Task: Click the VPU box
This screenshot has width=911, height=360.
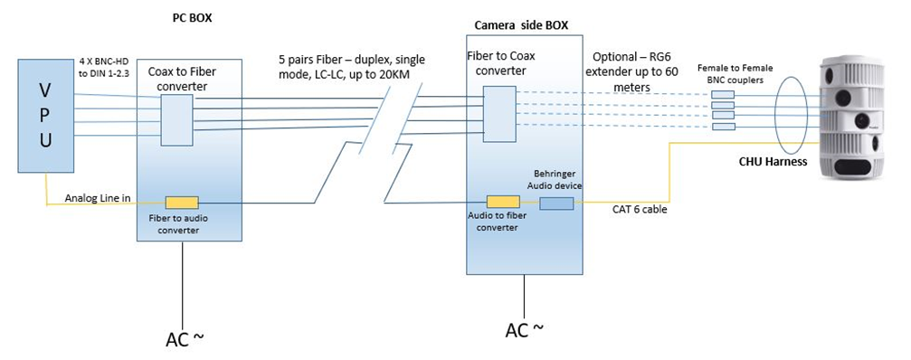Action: point(46,115)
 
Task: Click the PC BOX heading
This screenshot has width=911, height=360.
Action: point(193,18)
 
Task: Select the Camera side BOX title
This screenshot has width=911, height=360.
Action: point(521,25)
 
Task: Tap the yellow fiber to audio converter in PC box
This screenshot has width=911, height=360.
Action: point(182,203)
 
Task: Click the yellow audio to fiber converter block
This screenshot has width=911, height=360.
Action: point(503,202)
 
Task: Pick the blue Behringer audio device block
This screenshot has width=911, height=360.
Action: point(556,204)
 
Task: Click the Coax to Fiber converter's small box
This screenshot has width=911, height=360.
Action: point(177,120)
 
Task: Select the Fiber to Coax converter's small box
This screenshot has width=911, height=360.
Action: point(499,114)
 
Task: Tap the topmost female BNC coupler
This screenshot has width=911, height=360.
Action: point(723,95)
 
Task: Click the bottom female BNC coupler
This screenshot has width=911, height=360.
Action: point(723,127)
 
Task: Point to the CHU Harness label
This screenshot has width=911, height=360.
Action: point(773,162)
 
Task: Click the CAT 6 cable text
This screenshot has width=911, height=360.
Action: point(640,210)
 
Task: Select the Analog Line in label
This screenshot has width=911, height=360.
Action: point(98,199)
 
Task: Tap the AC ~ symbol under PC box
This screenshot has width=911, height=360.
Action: point(185,338)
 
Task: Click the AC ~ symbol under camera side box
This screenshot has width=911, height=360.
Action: point(525,329)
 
